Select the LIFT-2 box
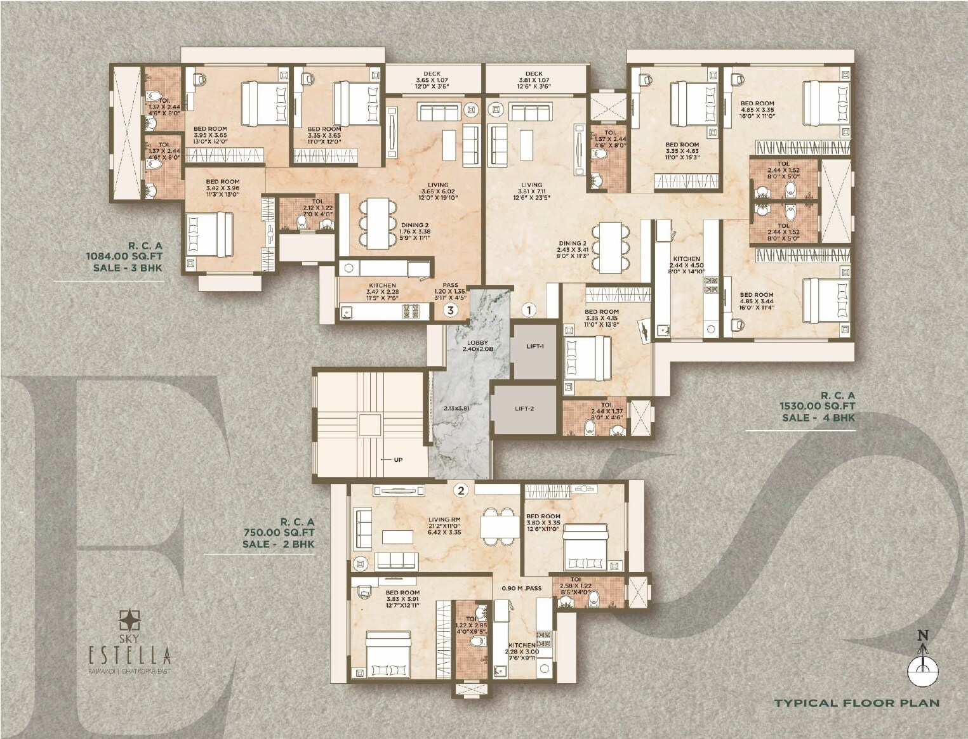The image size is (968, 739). pyautogui.click(x=524, y=409)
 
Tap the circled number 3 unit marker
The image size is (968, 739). pyautogui.click(x=450, y=310)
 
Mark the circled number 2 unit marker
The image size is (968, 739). pyautogui.click(x=461, y=490)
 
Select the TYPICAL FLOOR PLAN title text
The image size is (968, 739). pyautogui.click(x=856, y=703)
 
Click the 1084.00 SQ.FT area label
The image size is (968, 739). pyautogui.click(x=124, y=256)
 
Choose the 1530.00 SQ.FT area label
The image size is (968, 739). pyautogui.click(x=818, y=406)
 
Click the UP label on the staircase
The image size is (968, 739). pyautogui.click(x=398, y=460)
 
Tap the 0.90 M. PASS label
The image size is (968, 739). pyautogui.click(x=521, y=588)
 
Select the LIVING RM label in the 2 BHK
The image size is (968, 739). pyautogui.click(x=444, y=519)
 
